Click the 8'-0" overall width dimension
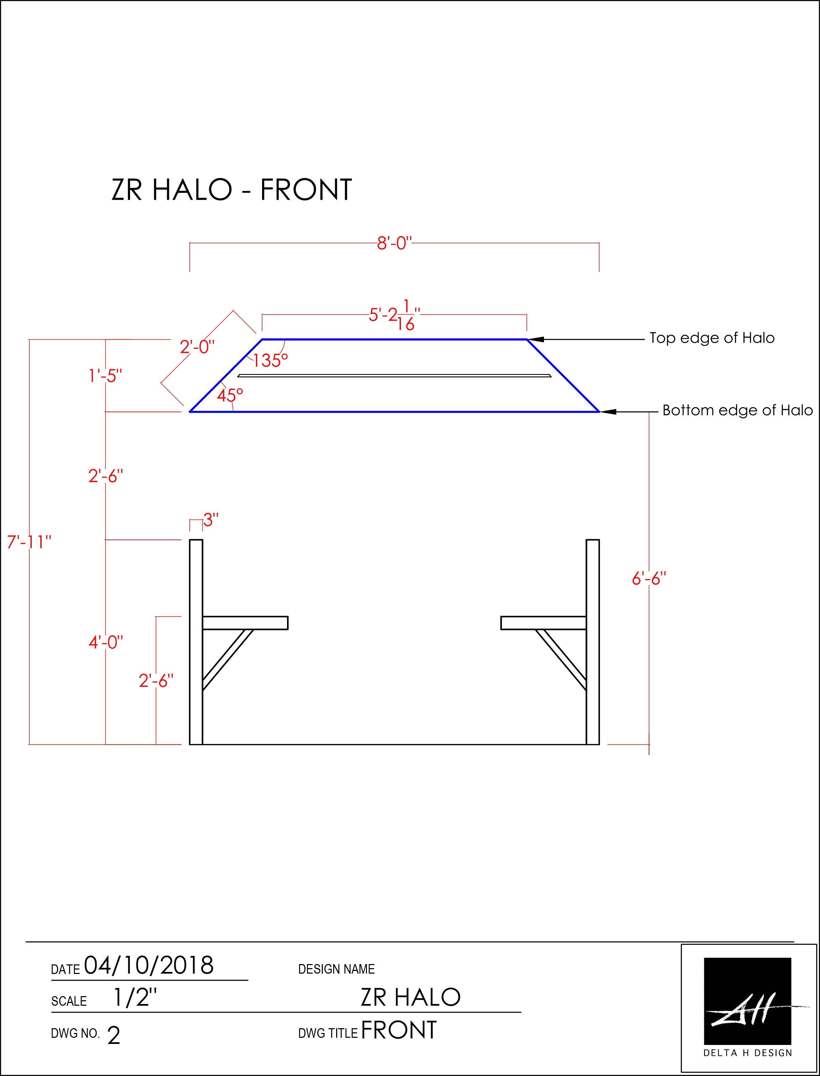coord(394,243)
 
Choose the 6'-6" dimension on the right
coord(649,579)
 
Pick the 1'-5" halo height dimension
coord(105,376)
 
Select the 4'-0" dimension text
coord(106,642)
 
